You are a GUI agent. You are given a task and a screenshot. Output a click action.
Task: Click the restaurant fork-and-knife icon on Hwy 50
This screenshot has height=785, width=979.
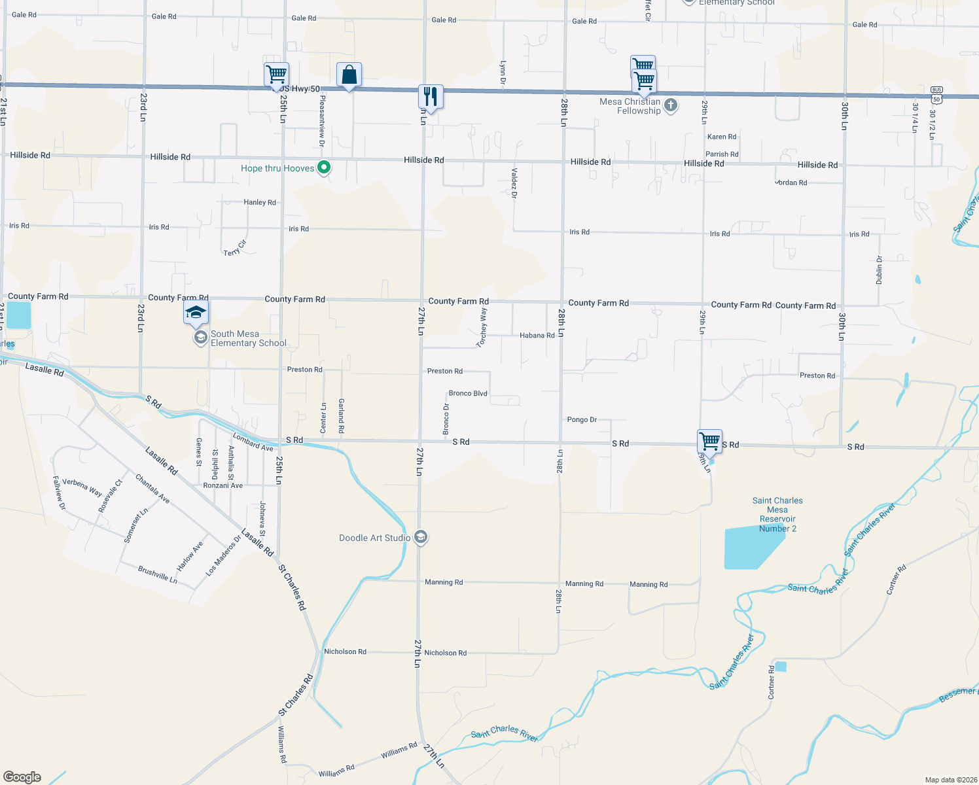[430, 97]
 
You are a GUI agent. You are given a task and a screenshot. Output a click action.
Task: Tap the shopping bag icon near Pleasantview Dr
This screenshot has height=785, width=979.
[349, 75]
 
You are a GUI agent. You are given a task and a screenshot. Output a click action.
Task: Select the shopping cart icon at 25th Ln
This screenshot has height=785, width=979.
[277, 75]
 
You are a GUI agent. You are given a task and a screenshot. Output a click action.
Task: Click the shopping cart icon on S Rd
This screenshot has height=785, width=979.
[709, 441]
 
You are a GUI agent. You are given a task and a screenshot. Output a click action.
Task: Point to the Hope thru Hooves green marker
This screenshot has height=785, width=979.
[323, 168]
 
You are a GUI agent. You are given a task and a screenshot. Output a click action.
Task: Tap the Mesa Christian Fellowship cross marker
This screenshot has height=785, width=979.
[671, 105]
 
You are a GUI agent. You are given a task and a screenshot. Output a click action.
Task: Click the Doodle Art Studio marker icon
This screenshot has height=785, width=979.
[421, 538]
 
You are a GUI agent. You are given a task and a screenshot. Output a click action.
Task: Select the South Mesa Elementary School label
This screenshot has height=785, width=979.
[248, 338]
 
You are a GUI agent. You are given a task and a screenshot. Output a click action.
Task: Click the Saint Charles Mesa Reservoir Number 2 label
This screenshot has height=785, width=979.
[777, 514]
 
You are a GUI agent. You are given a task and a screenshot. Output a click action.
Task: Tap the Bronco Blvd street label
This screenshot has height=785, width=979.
[468, 393]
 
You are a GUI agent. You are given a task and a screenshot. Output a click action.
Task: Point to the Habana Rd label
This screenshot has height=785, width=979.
[537, 336]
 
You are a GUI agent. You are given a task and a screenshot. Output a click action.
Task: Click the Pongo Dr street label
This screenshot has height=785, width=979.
[582, 419]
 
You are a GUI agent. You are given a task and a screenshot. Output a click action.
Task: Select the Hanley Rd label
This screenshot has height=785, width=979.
[260, 202]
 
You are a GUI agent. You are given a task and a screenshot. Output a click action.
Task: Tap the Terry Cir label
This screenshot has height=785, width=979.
[235, 248]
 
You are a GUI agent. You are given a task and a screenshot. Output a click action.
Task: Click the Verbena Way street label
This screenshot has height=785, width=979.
[82, 487]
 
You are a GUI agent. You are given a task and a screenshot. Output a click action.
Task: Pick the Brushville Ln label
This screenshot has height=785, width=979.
[158, 575]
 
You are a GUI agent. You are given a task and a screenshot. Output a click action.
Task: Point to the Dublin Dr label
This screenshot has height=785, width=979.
[880, 270]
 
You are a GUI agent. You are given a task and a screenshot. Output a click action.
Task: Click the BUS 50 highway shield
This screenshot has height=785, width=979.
[936, 94]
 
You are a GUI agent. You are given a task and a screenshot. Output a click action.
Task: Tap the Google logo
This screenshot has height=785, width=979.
[22, 776]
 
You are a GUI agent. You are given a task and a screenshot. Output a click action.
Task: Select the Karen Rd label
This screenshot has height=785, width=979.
[721, 137]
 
